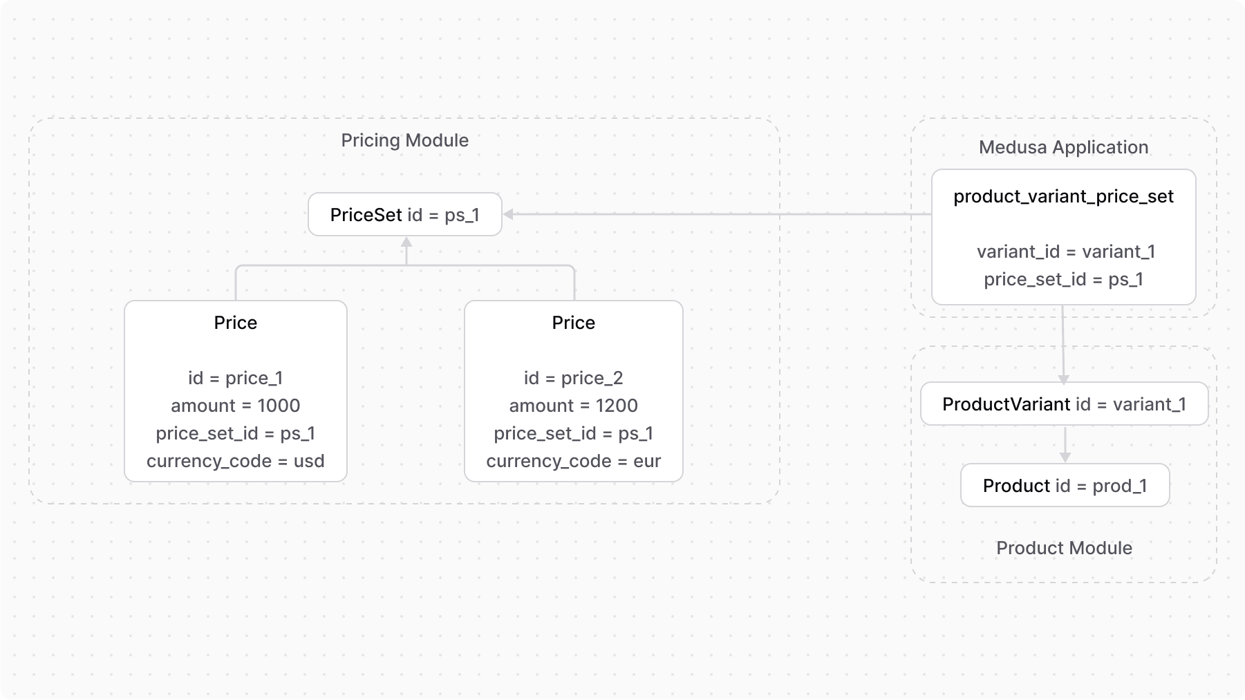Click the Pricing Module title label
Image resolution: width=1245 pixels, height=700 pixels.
pyautogui.click(x=404, y=140)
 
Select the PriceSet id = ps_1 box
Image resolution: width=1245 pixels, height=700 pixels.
pyautogui.click(x=404, y=215)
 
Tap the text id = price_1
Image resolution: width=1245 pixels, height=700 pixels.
pyautogui.click(x=235, y=378)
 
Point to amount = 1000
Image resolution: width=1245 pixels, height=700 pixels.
pyautogui.click(x=235, y=406)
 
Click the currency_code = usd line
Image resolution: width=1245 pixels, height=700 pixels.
pyautogui.click(x=235, y=461)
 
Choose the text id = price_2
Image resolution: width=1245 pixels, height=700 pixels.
pyautogui.click(x=573, y=378)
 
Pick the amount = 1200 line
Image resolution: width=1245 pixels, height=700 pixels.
pyautogui.click(x=573, y=406)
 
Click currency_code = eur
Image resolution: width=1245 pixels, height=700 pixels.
pyautogui.click(x=573, y=461)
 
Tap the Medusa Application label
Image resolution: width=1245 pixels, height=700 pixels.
pyautogui.click(x=1063, y=147)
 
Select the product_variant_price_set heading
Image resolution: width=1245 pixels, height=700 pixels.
pyautogui.click(x=1063, y=197)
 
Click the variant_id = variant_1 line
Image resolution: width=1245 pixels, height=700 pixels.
pyautogui.click(x=1065, y=252)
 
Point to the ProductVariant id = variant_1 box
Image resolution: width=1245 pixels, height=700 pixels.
pyautogui.click(x=1064, y=404)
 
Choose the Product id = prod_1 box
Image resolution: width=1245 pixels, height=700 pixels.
pyautogui.click(x=1065, y=486)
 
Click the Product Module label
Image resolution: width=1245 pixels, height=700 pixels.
pyautogui.click(x=1064, y=548)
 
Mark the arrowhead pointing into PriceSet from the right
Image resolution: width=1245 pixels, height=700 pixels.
pyautogui.click(x=508, y=214)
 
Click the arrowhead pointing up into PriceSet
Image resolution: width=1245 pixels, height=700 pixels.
pyautogui.click(x=406, y=242)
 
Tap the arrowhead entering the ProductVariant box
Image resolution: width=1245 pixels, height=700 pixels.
pyautogui.click(x=1064, y=379)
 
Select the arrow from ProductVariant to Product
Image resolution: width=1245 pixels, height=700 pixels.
pyautogui.click(x=1065, y=444)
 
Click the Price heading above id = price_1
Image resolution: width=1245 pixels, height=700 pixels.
pyautogui.click(x=235, y=323)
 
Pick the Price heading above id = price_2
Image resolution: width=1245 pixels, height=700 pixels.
pyautogui.click(x=573, y=323)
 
